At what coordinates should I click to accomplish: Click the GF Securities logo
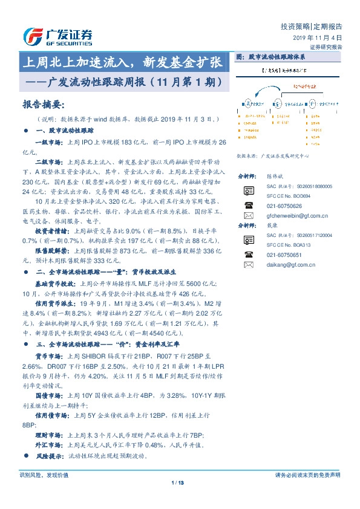58,36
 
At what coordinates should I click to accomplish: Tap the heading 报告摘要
42,104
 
